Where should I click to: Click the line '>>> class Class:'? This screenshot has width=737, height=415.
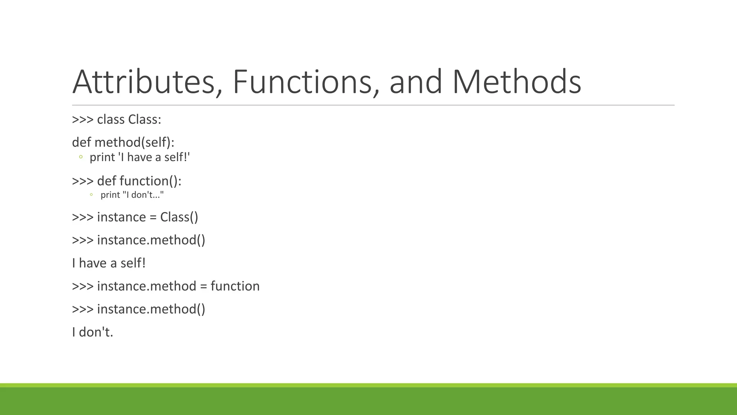pos(117,120)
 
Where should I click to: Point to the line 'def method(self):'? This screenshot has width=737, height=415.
pos(123,142)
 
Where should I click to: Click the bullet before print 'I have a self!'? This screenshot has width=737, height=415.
pos(81,157)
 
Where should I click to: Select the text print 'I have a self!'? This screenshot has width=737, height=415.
pos(140,157)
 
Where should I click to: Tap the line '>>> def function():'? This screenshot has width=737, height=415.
pos(127,181)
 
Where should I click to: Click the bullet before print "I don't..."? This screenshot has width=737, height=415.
pos(91,195)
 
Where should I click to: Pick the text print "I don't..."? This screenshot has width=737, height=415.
pos(132,195)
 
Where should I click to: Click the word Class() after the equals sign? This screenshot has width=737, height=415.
pos(179,217)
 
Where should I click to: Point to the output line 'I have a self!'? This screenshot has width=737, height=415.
pos(109,263)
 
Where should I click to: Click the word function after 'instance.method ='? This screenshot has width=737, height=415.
pos(235,286)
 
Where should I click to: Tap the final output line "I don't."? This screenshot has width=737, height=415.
pos(92,332)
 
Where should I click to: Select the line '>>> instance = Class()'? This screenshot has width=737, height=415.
pos(135,217)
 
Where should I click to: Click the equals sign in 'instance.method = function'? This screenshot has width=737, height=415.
pos(204,286)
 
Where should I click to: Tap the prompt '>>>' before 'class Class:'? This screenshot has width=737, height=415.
pos(83,120)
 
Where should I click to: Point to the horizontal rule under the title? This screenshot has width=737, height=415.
pos(373,105)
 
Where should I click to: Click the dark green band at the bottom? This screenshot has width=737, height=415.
pos(368,401)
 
